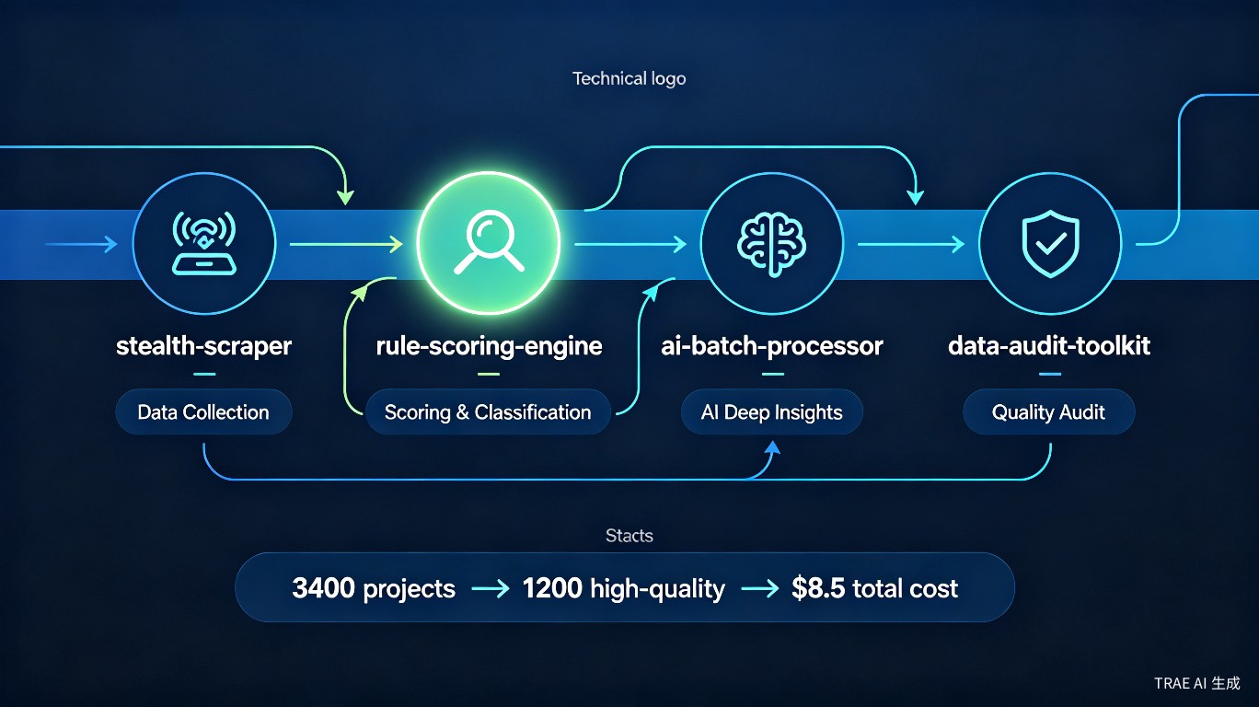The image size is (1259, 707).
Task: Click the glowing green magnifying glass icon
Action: pos(489,242)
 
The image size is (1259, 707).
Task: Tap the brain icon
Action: pos(772,244)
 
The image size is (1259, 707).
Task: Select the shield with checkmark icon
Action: pos(1050,243)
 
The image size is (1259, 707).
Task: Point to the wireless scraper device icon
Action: pos(204,243)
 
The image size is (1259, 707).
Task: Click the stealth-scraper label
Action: pos(203,345)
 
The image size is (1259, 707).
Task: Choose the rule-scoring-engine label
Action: pos(489,345)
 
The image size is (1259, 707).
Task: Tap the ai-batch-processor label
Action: pos(772,345)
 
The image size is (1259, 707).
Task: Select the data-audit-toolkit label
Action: pos(1049,345)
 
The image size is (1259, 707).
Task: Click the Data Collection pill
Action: pos(203,411)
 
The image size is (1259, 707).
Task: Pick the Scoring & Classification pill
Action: pos(488,411)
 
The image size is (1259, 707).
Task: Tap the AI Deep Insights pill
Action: pos(772,411)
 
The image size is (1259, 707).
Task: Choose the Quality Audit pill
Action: pos(1049,411)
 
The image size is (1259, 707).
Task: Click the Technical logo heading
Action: pos(629,78)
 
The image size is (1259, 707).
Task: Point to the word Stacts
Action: pos(629,536)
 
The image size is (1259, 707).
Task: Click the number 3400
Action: pos(324,588)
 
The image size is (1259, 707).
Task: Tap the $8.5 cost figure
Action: pos(818,588)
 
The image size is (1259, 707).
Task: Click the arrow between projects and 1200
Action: pos(491,589)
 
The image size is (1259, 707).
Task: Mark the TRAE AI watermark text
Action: pos(1197,683)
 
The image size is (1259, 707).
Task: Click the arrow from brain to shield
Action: pos(911,244)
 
